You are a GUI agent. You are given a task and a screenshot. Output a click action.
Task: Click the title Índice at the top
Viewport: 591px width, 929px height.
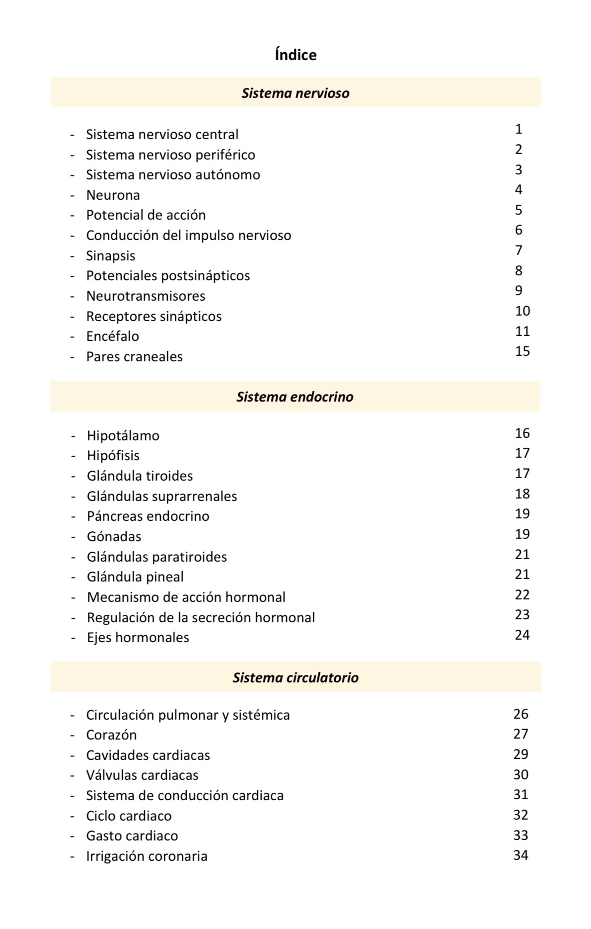click(x=295, y=55)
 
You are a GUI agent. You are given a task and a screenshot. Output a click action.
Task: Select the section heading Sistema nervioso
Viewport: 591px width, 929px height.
click(x=295, y=93)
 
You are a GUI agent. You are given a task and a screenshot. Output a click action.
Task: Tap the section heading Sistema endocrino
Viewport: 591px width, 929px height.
click(x=295, y=397)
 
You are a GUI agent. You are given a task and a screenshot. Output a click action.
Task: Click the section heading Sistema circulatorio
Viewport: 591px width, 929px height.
click(x=295, y=677)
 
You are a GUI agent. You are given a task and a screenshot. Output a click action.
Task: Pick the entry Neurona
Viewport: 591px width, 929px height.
click(x=113, y=195)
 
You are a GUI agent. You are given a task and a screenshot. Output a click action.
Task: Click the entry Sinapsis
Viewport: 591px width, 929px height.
click(x=111, y=256)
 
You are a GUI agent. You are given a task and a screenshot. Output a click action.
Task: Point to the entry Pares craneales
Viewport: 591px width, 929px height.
click(x=135, y=357)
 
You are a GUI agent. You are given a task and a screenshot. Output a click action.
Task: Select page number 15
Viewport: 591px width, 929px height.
click(x=522, y=351)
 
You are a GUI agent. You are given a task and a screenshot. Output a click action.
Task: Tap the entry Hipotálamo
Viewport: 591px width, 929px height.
click(x=123, y=436)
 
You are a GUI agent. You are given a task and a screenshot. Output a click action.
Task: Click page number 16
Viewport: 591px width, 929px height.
click(x=522, y=433)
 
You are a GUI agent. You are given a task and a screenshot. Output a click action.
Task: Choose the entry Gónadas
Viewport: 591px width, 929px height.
click(x=114, y=537)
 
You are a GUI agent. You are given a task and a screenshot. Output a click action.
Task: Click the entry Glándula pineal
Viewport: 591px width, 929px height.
click(x=135, y=577)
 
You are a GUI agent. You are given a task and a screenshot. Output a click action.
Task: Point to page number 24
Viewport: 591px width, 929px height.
click(x=522, y=635)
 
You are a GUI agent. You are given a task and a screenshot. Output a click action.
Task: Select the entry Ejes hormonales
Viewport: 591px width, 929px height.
click(x=138, y=638)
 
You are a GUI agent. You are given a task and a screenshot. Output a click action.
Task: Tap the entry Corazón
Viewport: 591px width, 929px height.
click(x=111, y=735)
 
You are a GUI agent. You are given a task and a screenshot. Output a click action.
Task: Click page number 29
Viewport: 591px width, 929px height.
click(x=521, y=755)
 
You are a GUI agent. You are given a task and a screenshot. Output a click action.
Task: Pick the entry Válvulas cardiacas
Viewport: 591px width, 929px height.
click(x=142, y=775)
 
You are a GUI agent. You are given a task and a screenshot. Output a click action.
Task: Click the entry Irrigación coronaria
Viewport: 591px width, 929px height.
click(x=147, y=856)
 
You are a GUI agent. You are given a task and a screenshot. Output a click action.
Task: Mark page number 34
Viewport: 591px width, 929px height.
click(x=521, y=855)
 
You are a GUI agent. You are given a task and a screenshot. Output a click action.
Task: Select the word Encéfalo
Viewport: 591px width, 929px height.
click(x=113, y=337)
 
